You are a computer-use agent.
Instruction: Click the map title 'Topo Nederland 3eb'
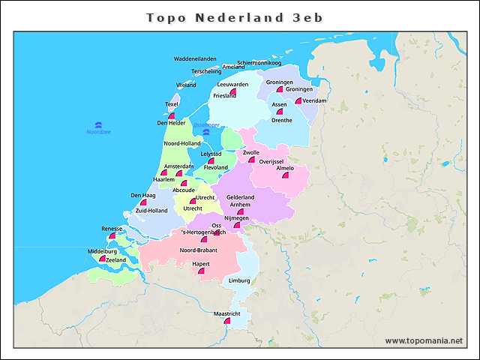pos(235,16)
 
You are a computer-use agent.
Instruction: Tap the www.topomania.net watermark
pos(424,340)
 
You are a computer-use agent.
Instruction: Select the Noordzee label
pos(98,132)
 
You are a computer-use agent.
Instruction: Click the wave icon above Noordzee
pos(98,124)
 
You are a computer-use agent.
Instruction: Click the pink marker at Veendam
pos(298,100)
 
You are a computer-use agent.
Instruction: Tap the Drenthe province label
pos(281,120)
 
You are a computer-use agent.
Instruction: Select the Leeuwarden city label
pos(232,85)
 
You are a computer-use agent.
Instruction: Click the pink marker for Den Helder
pos(172,116)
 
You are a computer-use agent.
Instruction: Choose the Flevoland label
pos(215,167)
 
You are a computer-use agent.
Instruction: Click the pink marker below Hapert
pos(201,271)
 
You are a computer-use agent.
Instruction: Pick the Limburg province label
pos(239,280)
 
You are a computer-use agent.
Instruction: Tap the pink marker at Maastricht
pos(227,321)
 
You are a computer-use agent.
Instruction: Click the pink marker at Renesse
pos(112,235)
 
